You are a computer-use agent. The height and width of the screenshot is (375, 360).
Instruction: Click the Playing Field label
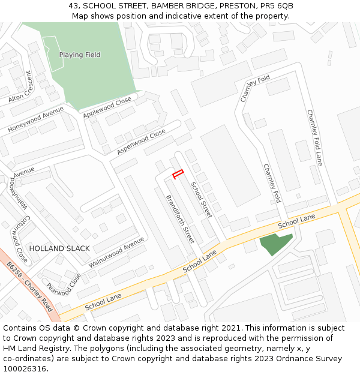[x=79, y=55]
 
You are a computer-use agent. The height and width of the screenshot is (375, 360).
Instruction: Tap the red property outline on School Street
[x=178, y=175]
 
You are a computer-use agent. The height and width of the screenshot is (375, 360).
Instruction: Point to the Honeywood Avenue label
[x=35, y=119]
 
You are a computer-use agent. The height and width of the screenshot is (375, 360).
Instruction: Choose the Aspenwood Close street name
[x=141, y=142]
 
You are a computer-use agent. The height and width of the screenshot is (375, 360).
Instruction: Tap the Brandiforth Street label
[x=180, y=218]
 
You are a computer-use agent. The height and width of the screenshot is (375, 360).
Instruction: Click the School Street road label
[x=202, y=199]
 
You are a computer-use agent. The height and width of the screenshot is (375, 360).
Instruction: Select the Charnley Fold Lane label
[x=315, y=137]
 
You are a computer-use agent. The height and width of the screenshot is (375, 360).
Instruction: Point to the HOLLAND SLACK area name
[x=59, y=248]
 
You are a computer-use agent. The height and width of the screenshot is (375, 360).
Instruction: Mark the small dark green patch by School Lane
[x=275, y=244]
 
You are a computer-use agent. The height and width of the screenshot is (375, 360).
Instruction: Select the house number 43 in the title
[x=74, y=6]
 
